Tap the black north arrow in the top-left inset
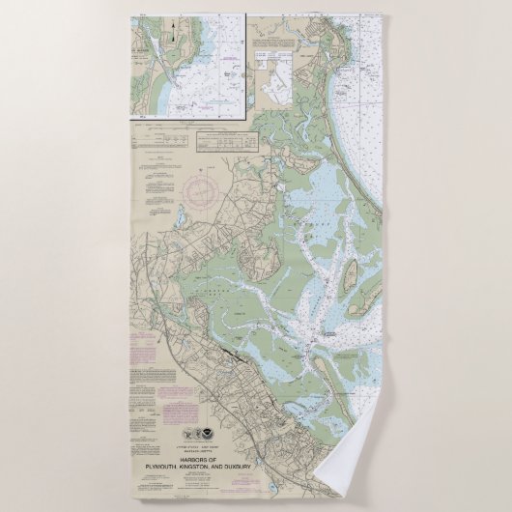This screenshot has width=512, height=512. click(x=173, y=35)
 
